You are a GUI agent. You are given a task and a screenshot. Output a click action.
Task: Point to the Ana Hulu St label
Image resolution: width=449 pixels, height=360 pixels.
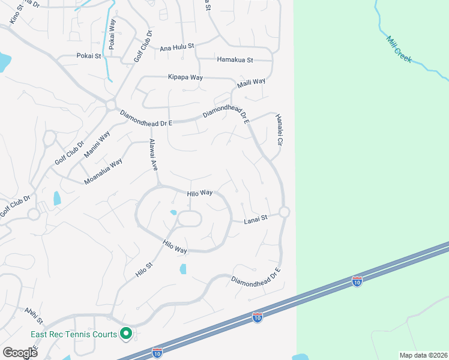177,47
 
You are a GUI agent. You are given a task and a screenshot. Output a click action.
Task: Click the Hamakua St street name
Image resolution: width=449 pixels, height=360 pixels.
235,60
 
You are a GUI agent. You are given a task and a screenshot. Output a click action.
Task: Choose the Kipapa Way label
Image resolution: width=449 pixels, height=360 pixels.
185,77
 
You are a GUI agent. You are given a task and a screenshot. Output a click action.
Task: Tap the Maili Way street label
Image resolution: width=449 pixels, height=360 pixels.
251,82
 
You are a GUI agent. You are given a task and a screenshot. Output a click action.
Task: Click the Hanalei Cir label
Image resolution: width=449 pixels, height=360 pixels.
279,130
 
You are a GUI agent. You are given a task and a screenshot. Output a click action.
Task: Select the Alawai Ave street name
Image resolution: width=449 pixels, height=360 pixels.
152,154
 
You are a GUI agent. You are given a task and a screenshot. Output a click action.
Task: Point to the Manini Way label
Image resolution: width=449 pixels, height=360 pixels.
97,144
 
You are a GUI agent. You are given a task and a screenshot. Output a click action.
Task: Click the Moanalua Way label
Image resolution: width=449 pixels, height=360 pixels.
103,171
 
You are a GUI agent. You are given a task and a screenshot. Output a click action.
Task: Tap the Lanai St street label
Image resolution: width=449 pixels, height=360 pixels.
255,221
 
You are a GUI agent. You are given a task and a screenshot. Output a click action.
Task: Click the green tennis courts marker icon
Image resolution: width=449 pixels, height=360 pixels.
126,333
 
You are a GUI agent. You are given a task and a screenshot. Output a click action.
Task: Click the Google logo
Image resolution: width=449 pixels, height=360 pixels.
20,352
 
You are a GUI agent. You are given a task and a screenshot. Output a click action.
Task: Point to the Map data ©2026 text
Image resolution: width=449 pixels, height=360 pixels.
423,355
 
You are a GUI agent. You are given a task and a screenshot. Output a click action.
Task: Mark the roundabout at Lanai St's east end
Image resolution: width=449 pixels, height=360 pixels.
284,212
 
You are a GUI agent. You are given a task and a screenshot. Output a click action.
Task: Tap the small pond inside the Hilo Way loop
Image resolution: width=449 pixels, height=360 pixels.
173,212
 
